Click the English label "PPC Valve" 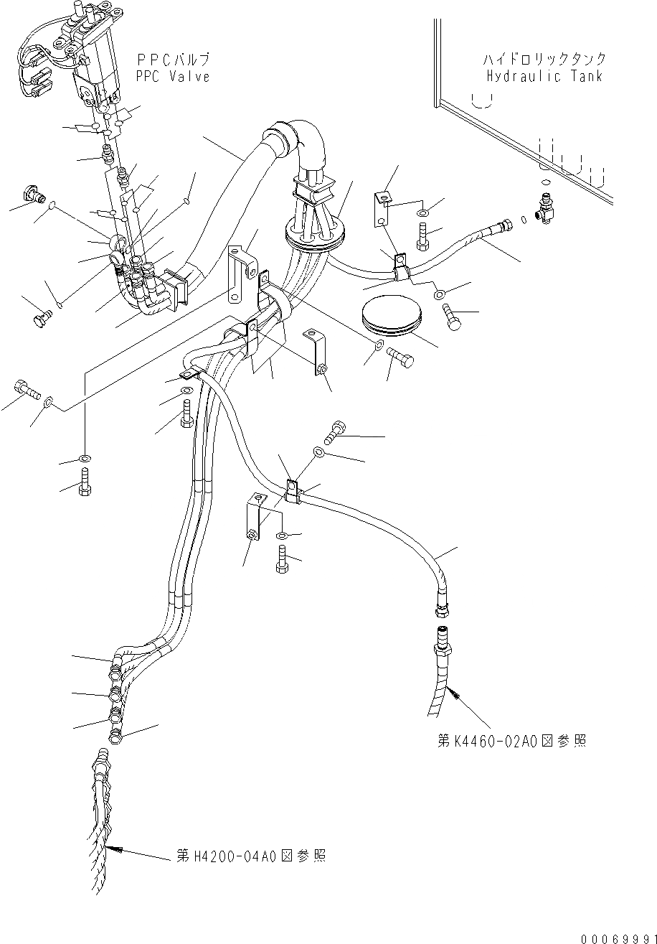tap(172, 76)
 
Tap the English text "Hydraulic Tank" tap(544, 76)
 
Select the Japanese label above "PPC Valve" tap(172, 60)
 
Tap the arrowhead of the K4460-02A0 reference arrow tap(450, 690)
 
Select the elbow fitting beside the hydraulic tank tap(547, 212)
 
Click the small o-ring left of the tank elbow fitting tap(524, 219)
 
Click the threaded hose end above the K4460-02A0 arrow tap(440, 638)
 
